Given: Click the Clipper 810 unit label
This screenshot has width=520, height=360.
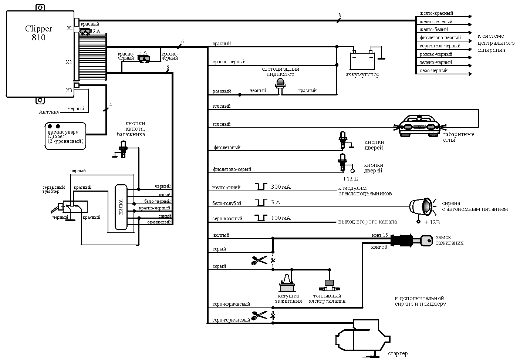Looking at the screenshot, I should [38, 33].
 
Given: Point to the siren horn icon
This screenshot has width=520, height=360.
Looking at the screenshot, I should [422, 206].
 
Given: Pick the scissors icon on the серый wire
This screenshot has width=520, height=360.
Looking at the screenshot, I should [259, 260].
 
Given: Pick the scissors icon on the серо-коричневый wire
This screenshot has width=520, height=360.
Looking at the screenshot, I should [259, 316].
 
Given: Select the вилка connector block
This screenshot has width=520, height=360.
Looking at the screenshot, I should [121, 207].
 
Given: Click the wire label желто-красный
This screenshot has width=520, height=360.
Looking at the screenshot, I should [436, 13].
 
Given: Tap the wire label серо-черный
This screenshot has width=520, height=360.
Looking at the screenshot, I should [433, 70].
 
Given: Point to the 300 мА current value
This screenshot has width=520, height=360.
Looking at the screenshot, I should [281, 187].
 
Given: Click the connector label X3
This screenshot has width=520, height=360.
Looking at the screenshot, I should [69, 90].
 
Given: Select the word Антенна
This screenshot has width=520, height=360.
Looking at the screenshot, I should [49, 112].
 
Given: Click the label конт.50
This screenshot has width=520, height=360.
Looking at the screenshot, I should [379, 247].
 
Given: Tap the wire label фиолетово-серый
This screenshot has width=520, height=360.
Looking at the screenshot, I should [232, 169].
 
